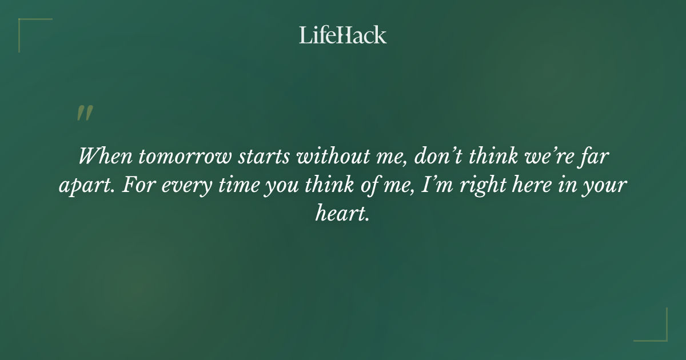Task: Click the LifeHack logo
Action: (x=343, y=35)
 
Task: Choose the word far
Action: (x=596, y=156)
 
